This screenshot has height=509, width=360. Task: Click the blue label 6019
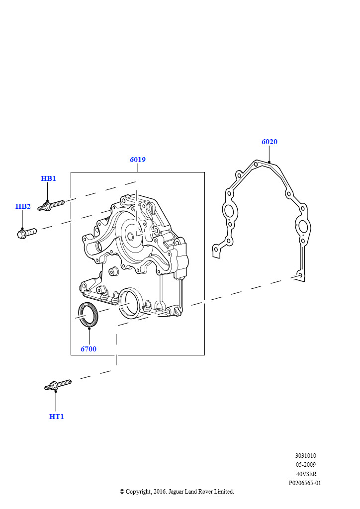(x=138, y=160)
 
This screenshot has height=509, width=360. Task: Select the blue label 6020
(x=270, y=142)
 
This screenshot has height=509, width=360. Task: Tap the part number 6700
(x=89, y=349)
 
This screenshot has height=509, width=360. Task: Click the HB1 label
(x=48, y=178)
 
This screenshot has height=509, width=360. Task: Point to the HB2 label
(x=23, y=206)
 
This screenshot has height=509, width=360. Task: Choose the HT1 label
(x=57, y=417)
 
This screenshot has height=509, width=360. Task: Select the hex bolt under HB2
(x=27, y=233)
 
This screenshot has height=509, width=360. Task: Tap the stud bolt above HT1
(x=58, y=385)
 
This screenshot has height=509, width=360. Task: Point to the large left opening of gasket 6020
(x=229, y=210)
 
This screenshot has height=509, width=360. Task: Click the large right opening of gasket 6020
(x=302, y=226)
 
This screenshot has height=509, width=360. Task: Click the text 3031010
(x=305, y=455)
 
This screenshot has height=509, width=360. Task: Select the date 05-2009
(x=305, y=465)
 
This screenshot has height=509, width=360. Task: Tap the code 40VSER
(x=306, y=474)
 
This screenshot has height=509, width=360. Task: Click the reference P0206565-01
(x=305, y=483)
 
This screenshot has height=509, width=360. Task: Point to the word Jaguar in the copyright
(x=176, y=492)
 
